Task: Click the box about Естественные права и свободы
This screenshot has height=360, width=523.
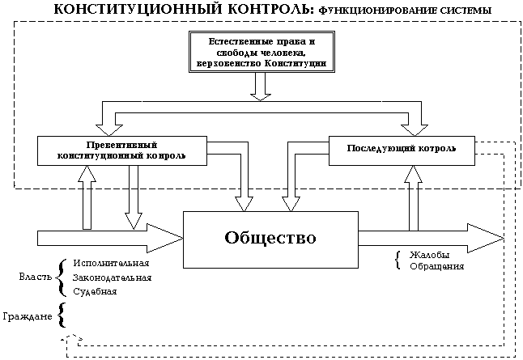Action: click(x=261, y=52)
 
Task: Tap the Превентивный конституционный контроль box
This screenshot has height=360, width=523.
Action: click(x=122, y=150)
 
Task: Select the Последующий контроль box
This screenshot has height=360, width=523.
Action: click(x=402, y=150)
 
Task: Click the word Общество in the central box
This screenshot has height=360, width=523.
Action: click(x=270, y=238)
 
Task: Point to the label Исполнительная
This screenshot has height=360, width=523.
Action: click(x=111, y=263)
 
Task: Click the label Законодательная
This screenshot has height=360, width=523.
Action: click(x=112, y=277)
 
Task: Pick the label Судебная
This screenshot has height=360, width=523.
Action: click(x=95, y=292)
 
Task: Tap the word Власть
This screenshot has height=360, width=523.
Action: click(x=36, y=277)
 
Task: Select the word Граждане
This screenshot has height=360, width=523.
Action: click(x=28, y=316)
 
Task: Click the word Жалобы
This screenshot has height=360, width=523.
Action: click(x=430, y=255)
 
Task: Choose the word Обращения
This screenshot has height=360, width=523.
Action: click(x=437, y=267)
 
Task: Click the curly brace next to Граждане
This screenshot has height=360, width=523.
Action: click(x=62, y=315)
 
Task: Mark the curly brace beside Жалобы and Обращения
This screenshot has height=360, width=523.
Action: click(x=397, y=260)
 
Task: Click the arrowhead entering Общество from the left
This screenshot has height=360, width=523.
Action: click(x=165, y=238)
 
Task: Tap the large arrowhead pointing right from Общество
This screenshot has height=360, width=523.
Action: click(x=485, y=238)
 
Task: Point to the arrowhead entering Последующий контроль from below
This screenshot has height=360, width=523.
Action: click(x=413, y=173)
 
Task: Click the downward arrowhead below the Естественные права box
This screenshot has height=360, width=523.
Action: click(x=261, y=96)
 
